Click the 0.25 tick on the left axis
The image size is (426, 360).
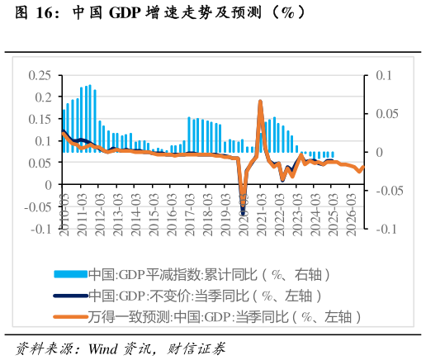click(40, 75)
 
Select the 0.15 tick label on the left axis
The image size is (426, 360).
click(40, 119)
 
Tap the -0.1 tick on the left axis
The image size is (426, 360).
click(41, 229)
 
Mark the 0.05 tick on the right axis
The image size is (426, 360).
click(387, 114)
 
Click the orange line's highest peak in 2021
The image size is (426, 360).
click(260, 102)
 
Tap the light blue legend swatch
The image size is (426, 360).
click(69, 274)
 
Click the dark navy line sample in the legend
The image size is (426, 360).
click(69, 295)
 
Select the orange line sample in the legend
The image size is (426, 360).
click(69, 316)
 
